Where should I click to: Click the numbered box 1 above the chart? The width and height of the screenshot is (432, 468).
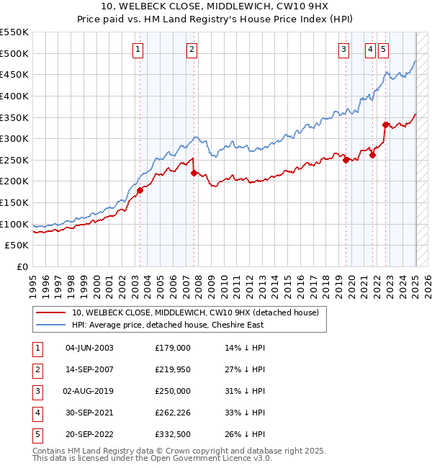pyautogui.click(x=138, y=50)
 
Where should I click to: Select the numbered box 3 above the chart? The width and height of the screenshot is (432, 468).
pyautogui.click(x=344, y=50)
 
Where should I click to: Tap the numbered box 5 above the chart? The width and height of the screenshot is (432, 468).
pyautogui.click(x=384, y=50)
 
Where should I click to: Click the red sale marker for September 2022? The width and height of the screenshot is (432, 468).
pyautogui.click(x=385, y=125)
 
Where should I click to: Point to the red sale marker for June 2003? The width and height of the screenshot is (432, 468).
pyautogui.click(x=140, y=190)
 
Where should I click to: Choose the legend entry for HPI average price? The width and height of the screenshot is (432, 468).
pyautogui.click(x=168, y=325)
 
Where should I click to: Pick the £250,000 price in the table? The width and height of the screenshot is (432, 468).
pyautogui.click(x=173, y=391)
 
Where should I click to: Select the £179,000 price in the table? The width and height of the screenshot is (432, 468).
pyautogui.click(x=173, y=348)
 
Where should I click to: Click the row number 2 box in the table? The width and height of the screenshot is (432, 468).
pyautogui.click(x=36, y=369)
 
